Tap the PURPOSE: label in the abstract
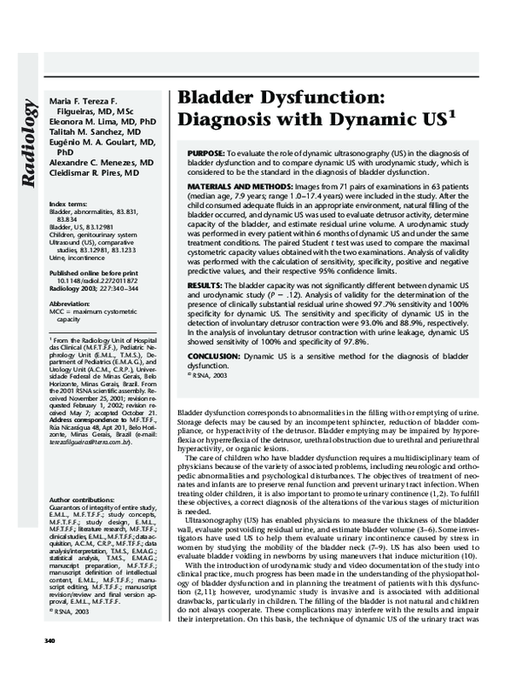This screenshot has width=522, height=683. (206, 152)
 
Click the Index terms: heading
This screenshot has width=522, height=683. (68, 203)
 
